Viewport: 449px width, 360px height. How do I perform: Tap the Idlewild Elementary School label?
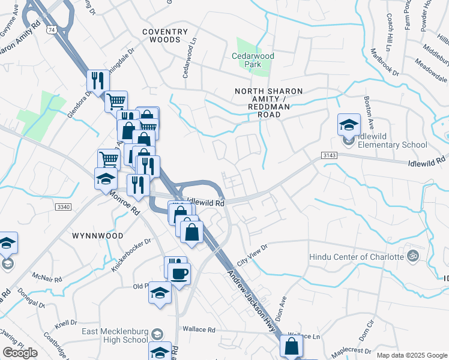tap(393, 140)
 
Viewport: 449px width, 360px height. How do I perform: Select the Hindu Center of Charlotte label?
tap(356, 257)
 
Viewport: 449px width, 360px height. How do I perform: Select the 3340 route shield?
tap(62, 207)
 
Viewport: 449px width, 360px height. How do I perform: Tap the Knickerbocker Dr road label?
tap(131, 254)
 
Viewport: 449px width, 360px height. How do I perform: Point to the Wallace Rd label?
tap(200, 329)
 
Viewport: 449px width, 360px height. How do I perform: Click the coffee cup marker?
tap(179, 274)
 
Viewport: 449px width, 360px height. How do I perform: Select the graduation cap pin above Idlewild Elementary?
tap(349, 125)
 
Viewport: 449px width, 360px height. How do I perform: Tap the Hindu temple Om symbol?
tap(411, 256)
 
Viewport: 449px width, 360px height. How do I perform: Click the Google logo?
tap(19, 353)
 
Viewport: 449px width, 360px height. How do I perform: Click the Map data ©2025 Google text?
tap(411, 355)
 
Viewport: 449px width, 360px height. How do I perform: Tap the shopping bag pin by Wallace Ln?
tap(291, 347)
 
